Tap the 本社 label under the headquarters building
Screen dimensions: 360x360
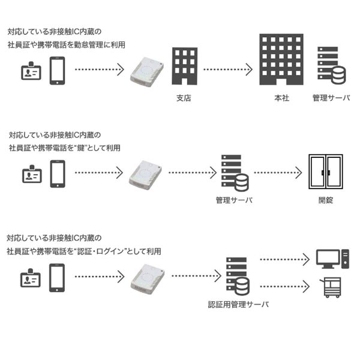coord(281,98)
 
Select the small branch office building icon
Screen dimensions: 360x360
coord(185,66)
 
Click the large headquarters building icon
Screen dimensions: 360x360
coord(281,59)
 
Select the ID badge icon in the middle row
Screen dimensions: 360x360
coord(32,175)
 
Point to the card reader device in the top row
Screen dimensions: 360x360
coord(146,72)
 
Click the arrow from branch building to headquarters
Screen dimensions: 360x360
coord(227,70)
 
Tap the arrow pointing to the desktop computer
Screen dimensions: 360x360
coord(284,260)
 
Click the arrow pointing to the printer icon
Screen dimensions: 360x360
coord(284,287)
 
